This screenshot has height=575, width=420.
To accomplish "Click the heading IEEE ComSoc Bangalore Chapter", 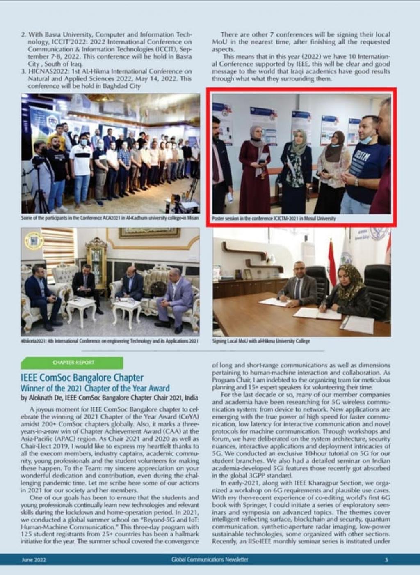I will click(82, 377).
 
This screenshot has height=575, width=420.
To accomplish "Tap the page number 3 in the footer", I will click(386, 559).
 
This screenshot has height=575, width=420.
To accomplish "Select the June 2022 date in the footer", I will click(34, 560).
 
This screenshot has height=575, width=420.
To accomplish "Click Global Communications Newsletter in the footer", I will click(210, 559).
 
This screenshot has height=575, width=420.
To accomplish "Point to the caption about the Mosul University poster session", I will click(274, 218).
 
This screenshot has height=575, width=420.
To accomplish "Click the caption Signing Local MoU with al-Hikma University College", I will click(261, 341).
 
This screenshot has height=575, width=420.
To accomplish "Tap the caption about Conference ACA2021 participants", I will click(110, 218).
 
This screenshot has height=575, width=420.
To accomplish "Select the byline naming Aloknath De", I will click(109, 398).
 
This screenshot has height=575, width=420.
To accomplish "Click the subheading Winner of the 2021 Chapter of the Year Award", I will click(95, 388).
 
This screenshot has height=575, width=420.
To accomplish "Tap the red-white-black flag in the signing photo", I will click(331, 263).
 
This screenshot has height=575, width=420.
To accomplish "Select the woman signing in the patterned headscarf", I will click(349, 290).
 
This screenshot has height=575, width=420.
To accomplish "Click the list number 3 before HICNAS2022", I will click(23, 71).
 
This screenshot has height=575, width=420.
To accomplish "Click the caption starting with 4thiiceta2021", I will click(110, 341).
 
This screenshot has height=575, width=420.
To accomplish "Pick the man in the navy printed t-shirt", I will click(367, 164).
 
